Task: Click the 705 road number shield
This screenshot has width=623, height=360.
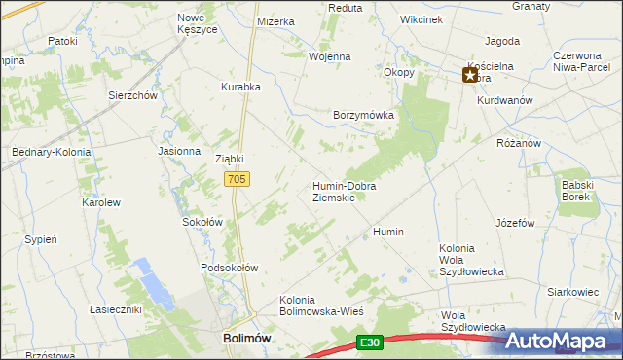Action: [x=238, y=179]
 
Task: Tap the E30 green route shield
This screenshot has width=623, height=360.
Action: [x=369, y=342]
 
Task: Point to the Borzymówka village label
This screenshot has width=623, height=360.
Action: [x=363, y=115]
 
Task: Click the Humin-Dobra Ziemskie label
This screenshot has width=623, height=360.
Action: [x=344, y=192]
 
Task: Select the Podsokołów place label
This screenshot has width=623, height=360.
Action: [x=229, y=268]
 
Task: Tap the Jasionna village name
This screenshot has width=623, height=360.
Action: [x=178, y=152]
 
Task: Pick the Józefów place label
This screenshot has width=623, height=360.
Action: [x=515, y=223]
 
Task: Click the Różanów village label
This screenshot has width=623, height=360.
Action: [x=518, y=143]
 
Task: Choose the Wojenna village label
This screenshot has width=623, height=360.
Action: [x=329, y=56]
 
